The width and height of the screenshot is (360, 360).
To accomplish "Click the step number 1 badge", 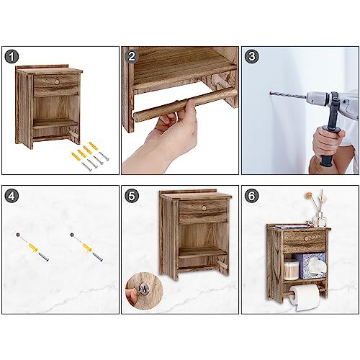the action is coord(12,57).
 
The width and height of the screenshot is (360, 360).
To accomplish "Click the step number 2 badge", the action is coord(132,57).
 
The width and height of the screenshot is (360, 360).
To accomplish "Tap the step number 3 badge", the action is coord(252,57).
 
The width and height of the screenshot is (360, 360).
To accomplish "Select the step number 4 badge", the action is coord(12,196).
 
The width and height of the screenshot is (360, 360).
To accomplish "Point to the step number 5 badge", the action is coord(132,196).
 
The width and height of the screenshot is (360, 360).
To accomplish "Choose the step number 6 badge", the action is coord(251,196).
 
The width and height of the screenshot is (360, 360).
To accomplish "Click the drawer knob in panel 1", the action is coord(57,82).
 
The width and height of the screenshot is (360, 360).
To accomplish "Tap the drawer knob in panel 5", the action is coord(204,208).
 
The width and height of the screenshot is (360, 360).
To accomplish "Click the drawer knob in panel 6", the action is coord(306,238).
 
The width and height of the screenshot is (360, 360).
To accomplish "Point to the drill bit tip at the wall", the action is coord(271,93).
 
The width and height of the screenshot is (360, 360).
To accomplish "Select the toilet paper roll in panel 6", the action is coord(305,297).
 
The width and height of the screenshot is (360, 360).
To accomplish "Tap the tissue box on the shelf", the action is coord(311,266).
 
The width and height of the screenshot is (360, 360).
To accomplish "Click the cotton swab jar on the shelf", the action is coord(292,270).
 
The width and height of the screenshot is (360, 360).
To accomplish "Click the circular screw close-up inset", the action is coord(144,289).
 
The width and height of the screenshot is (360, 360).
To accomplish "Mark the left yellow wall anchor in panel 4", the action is coord(34,248).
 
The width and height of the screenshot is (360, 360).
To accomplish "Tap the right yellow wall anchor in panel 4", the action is coord(88,248).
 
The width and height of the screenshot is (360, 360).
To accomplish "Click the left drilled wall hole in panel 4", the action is coord(18,234).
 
